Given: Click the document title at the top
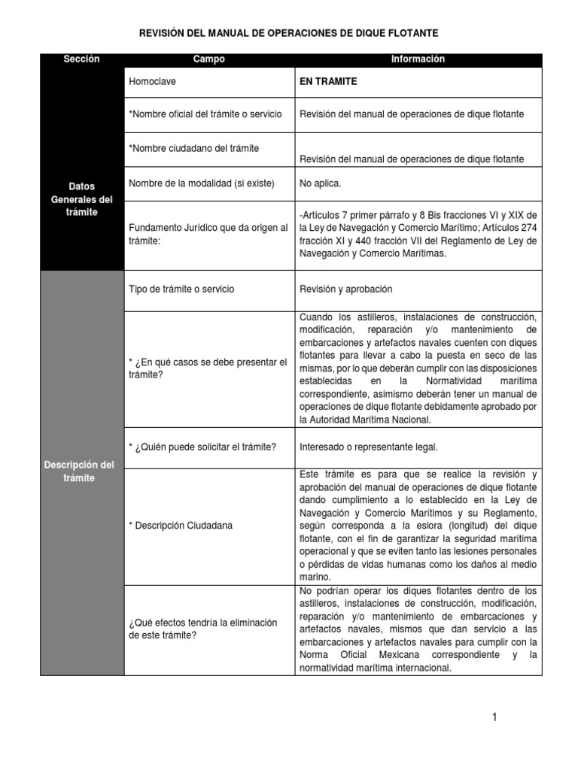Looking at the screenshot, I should tap(289, 34).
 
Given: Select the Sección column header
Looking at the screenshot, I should tap(81, 59).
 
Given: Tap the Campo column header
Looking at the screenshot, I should tap(208, 59).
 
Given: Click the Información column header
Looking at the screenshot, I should tap(418, 59).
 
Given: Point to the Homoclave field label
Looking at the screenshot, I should tap(153, 81).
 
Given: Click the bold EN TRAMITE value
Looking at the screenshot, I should tap(328, 81).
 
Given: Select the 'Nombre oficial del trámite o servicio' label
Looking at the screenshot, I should tap(205, 114).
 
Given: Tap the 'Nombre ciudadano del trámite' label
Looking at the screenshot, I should tap(194, 148).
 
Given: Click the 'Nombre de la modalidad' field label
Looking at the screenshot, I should tap(202, 183).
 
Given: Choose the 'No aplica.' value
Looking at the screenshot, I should tap(320, 183).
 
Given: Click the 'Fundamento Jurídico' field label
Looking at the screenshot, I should tap(208, 234).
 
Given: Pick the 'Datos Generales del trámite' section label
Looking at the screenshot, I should tap(81, 199).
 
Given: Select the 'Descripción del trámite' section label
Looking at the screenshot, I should tap(81, 471).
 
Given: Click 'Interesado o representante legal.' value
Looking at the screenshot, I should tap(368, 447).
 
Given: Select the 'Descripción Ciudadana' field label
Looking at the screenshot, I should tap(181, 525).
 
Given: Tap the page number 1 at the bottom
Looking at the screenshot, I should tap(494, 717).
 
